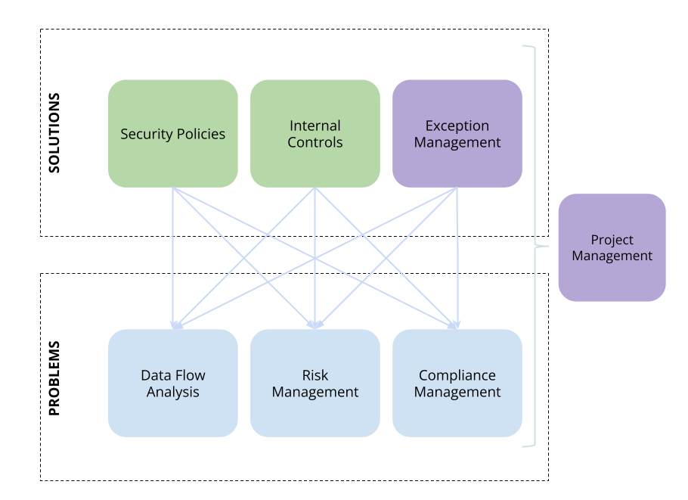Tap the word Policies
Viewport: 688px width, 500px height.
tap(200, 135)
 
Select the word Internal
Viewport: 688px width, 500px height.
tap(315, 126)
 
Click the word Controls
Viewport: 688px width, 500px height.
tap(315, 142)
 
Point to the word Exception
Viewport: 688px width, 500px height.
tap(457, 126)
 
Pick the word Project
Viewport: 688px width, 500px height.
tap(612, 240)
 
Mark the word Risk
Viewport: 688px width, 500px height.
tap(315, 375)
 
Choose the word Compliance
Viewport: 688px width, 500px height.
tap(457, 375)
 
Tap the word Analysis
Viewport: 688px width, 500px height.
tap(173, 392)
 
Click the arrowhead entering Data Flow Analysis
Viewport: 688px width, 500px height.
tap(175, 325)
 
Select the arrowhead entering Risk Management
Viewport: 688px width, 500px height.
tap(315, 325)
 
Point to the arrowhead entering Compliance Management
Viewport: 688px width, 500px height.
tap(455, 325)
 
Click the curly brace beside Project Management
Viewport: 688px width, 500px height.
tap(535, 246)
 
